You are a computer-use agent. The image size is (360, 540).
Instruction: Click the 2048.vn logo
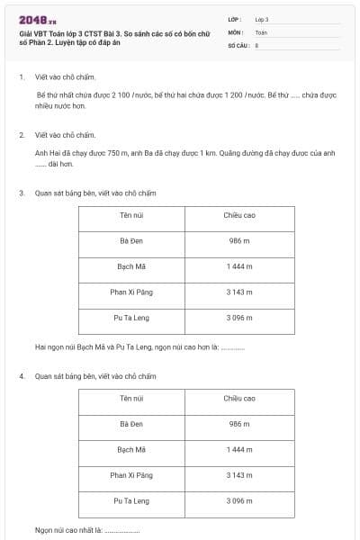[x=38, y=20]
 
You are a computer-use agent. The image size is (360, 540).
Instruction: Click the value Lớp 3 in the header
[x=262, y=19]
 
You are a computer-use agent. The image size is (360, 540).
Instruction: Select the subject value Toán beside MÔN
[x=261, y=31]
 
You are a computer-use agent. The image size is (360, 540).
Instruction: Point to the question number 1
[x=22, y=77]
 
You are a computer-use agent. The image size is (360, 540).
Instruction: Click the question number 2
[x=22, y=134]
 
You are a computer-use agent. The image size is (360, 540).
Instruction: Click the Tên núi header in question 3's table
[x=131, y=215]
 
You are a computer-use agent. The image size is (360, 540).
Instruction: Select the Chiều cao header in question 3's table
[x=239, y=215]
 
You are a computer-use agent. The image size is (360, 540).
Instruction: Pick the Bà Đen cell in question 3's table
[x=131, y=241]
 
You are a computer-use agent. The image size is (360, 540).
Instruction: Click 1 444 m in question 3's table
[x=239, y=266]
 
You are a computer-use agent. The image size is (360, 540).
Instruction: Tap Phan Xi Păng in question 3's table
[x=131, y=292]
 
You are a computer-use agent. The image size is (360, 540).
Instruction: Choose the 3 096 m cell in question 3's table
[x=239, y=318]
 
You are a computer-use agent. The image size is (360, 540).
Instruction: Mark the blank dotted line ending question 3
[x=232, y=347]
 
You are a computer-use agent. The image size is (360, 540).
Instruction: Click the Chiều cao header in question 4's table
[x=239, y=398]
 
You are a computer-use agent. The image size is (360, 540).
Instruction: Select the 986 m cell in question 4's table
[x=239, y=423]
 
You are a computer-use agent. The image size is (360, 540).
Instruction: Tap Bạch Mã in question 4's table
[x=131, y=449]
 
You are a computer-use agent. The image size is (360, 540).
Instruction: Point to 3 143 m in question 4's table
[x=239, y=474]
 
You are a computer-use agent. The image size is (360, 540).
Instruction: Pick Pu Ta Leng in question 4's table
[x=131, y=500]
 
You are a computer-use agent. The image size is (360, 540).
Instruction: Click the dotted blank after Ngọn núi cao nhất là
[x=122, y=530]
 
